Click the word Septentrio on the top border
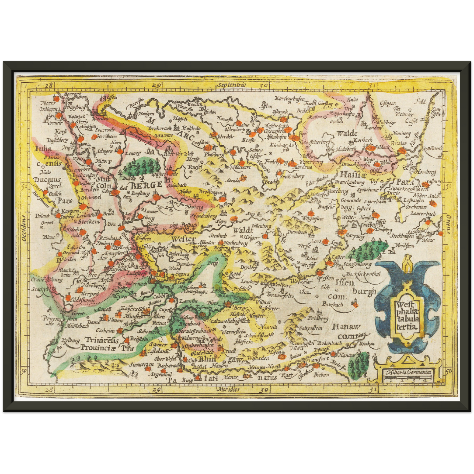click(x=231, y=85)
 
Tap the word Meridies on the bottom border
click(x=228, y=389)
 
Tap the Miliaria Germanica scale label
click(x=408, y=372)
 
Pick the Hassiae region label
click(x=352, y=174)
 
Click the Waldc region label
click(x=346, y=134)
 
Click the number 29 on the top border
click(x=156, y=86)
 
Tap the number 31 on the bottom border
click(x=372, y=390)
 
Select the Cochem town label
click(x=106, y=331)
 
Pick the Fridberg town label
click(x=318, y=319)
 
